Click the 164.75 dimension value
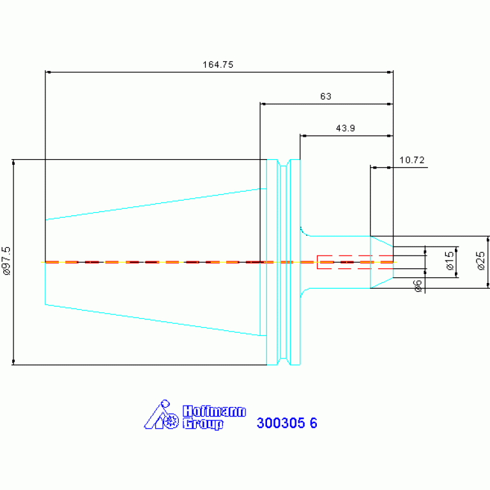pos(218,65)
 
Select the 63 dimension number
pos(326,96)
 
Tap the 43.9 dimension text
pos(346,128)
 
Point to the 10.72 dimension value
pos(412,160)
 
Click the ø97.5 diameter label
pos(6,261)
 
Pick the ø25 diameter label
pos(480,261)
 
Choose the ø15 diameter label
pos(449,261)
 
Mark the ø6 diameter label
pos(418,286)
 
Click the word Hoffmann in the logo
pos(214,411)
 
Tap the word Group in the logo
pos(203,424)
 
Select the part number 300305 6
pos(287,423)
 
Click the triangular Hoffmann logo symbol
pos(161,415)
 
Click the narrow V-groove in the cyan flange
pos(284,262)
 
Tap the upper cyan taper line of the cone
pos(156,204)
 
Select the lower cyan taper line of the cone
pos(156,320)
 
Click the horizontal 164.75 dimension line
pos(219,72)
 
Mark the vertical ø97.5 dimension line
pos(13,262)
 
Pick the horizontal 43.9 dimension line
pos(346,136)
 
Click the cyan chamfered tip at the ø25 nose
pos(381,262)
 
